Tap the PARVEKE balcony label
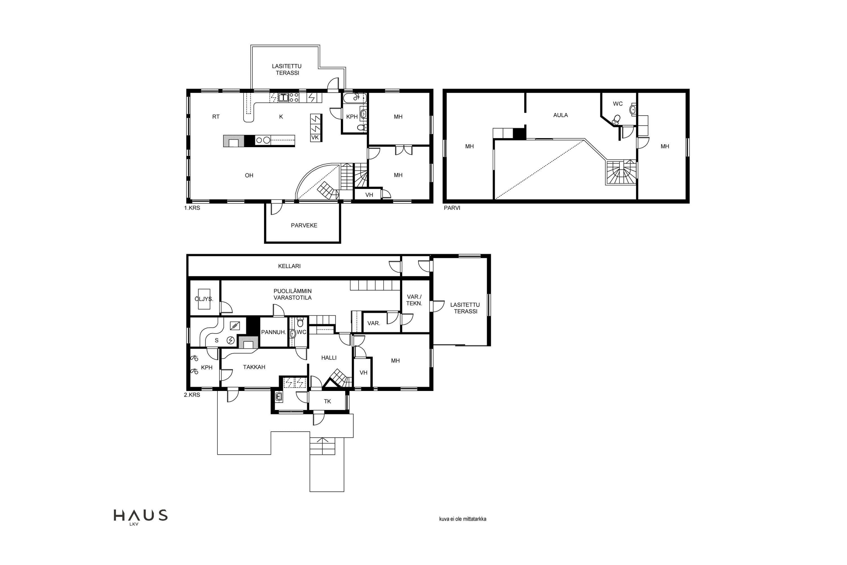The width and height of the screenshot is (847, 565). [304, 225]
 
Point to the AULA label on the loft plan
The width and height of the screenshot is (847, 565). [560, 115]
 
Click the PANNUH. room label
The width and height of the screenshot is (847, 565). [273, 332]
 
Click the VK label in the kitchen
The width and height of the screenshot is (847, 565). [315, 138]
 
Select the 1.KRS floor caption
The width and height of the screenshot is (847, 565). [192, 208]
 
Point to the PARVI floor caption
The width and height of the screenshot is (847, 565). [452, 208]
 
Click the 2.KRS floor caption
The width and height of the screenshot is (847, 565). [192, 395]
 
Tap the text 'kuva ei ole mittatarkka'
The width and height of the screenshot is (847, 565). [463, 519]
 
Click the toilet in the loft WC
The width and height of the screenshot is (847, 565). [617, 119]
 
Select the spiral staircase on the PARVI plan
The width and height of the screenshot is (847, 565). [621, 172]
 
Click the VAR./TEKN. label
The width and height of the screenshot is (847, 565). [414, 300]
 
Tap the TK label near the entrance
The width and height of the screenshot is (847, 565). [327, 401]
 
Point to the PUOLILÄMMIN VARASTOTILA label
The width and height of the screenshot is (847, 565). [292, 294]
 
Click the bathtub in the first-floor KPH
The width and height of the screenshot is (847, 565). [354, 98]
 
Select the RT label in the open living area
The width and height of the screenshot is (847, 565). [216, 117]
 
